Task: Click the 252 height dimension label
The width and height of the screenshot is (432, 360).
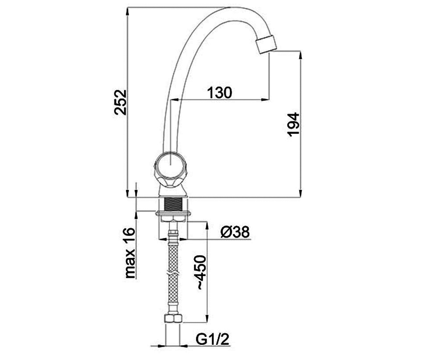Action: (120, 102)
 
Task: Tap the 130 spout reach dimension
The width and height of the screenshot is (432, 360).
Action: (220, 93)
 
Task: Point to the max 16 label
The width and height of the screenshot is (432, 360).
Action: (130, 253)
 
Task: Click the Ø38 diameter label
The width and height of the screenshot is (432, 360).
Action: (235, 231)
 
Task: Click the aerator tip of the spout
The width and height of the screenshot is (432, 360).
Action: (266, 45)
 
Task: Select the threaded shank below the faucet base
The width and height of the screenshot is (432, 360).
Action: (173, 204)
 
